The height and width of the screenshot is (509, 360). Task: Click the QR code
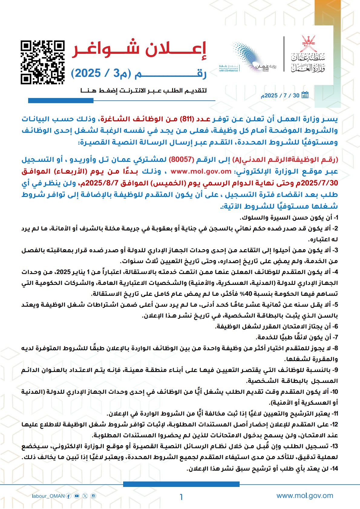tap(43, 62)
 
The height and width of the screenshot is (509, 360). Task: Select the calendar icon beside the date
tap(305, 95)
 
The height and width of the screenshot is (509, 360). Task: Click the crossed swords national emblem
tap(309, 44)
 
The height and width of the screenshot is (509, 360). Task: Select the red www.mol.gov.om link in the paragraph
tap(201, 171)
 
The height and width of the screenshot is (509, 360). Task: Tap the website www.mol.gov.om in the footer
tap(305, 496)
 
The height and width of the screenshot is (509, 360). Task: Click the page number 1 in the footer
tap(181, 497)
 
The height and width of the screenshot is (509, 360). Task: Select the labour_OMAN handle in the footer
tap(48, 496)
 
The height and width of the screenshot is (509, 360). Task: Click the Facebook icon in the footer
tap(69, 496)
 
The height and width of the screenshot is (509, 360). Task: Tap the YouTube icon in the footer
tap(77, 496)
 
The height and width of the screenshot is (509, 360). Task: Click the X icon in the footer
tap(85, 496)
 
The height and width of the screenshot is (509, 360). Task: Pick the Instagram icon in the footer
tap(93, 496)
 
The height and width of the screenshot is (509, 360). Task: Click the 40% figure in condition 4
tap(240, 294)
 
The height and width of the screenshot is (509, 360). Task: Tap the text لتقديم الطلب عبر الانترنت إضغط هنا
tap(143, 90)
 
